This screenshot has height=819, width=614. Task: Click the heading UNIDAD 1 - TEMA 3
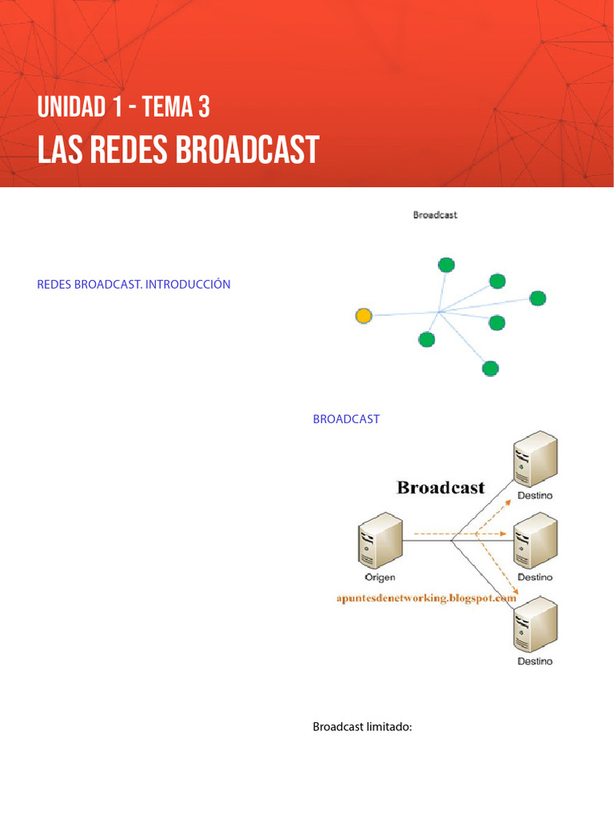pyautogui.click(x=123, y=106)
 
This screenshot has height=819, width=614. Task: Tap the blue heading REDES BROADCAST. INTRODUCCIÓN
pyautogui.click(x=134, y=284)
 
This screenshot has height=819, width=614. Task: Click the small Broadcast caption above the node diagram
pyautogui.click(x=435, y=215)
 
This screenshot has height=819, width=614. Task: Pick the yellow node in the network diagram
pyautogui.click(x=364, y=316)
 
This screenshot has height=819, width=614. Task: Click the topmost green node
pyautogui.click(x=446, y=265)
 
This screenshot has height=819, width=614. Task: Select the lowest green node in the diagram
pyautogui.click(x=490, y=368)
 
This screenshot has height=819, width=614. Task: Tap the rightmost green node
pyautogui.click(x=537, y=298)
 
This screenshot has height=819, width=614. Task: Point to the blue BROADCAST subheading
pyautogui.click(x=345, y=419)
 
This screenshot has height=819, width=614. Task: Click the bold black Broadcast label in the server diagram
pyautogui.click(x=441, y=487)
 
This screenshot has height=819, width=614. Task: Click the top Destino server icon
pyautogui.click(x=535, y=458)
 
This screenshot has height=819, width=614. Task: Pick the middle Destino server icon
pyautogui.click(x=535, y=540)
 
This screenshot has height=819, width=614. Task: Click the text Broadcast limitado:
pyautogui.click(x=361, y=727)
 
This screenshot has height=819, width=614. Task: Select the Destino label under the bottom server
pyautogui.click(x=535, y=661)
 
